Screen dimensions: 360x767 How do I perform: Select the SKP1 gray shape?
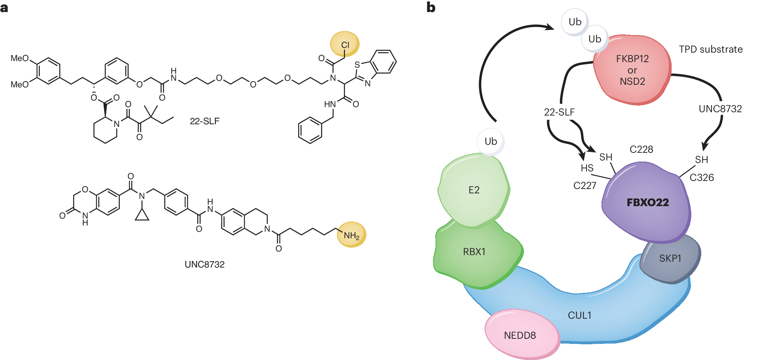[670, 259]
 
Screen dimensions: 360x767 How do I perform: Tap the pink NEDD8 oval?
[520, 335]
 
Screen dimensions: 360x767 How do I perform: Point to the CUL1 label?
[579, 315]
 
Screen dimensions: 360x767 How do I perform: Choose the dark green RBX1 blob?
[474, 252]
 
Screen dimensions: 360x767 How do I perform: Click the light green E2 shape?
[474, 190]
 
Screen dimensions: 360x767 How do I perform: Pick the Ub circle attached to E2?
[491, 141]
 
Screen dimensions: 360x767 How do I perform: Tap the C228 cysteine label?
[641, 149]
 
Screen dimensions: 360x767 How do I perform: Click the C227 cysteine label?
[585, 186]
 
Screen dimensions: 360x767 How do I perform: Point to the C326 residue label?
[702, 178]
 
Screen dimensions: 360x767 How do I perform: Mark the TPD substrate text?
[711, 49]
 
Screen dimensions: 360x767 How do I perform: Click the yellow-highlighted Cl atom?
[345, 45]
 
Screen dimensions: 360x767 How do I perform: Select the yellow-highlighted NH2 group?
[352, 235]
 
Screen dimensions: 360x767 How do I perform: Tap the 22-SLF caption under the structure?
[205, 121]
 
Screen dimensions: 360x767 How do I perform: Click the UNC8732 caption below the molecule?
[205, 265]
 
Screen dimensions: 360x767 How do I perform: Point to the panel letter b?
[431, 8]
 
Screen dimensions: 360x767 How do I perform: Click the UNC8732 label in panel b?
[720, 109]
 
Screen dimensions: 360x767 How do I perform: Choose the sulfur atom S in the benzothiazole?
[357, 65]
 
